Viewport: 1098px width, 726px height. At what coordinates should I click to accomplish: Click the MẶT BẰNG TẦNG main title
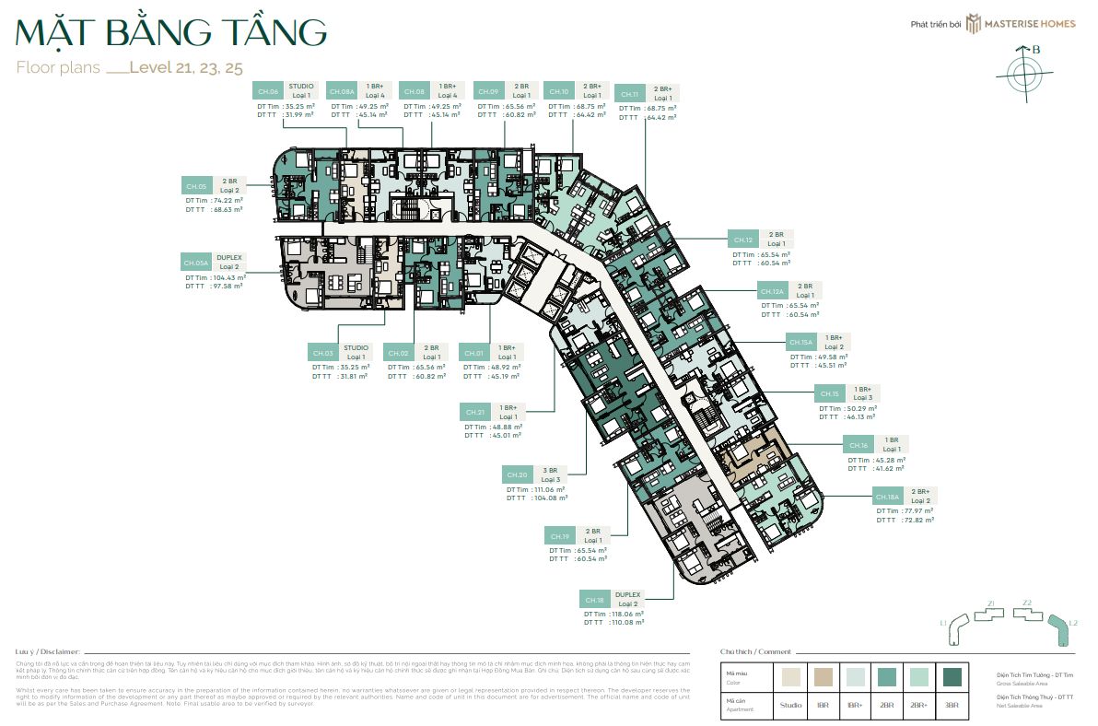coord(171,32)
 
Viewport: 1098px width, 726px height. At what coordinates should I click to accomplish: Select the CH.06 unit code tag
coord(268,91)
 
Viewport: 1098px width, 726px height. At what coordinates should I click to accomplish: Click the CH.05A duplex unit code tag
coord(195,263)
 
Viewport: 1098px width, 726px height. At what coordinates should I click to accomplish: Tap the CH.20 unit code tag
coord(517,475)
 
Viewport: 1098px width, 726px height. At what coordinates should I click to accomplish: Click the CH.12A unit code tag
coord(772,291)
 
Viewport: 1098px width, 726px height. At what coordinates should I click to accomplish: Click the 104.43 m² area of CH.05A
coord(228,277)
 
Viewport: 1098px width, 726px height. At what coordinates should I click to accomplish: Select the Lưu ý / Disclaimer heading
coord(48,650)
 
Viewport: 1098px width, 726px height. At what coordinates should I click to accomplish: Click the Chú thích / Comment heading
coord(755,650)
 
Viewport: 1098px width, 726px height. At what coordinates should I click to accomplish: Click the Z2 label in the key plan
coord(1026,603)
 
